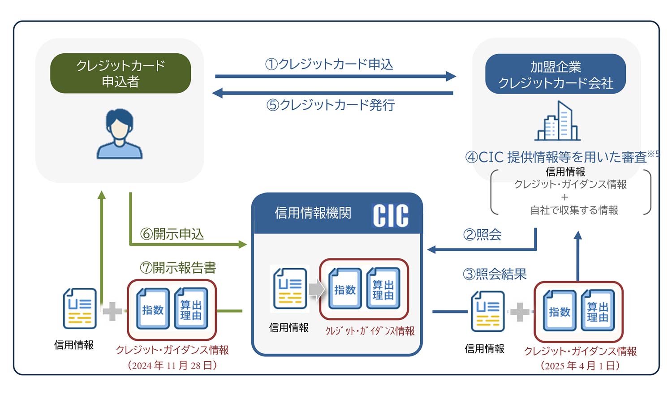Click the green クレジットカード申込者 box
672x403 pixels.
[x=121, y=73]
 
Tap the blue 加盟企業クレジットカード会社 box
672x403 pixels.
[x=556, y=74]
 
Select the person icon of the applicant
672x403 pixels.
[x=119, y=134]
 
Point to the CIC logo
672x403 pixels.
[x=391, y=216]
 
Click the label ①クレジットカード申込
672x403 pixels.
[x=329, y=64]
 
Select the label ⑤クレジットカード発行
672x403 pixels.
[x=331, y=105]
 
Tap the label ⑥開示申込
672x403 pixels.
[x=172, y=234]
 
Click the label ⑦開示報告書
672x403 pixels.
[x=178, y=268]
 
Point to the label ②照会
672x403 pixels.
[x=482, y=235]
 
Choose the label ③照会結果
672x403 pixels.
[x=495, y=274]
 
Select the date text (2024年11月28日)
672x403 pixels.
[x=172, y=365]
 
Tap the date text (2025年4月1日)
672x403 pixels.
[x=580, y=366]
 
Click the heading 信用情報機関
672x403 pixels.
[x=313, y=213]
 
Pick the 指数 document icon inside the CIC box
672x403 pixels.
[x=345, y=289]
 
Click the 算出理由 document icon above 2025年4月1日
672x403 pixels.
[x=598, y=311]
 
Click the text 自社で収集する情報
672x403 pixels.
[x=574, y=210]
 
